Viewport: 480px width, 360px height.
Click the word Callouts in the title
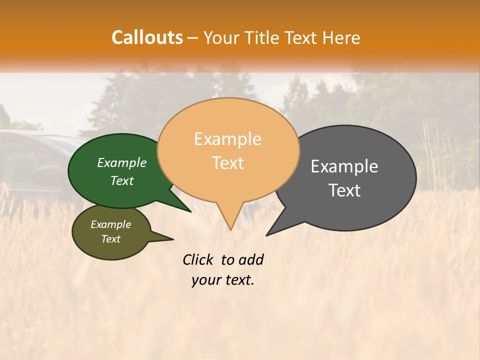[x=147, y=37]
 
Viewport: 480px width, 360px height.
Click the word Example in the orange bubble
[x=227, y=139]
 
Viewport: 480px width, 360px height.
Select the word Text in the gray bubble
[x=344, y=190]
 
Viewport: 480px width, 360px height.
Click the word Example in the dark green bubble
[x=122, y=162]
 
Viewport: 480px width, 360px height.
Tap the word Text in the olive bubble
[x=111, y=239]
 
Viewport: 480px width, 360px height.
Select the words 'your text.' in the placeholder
[x=223, y=280]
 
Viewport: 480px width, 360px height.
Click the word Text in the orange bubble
[x=228, y=163]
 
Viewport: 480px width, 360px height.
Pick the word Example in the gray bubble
[x=344, y=166]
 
